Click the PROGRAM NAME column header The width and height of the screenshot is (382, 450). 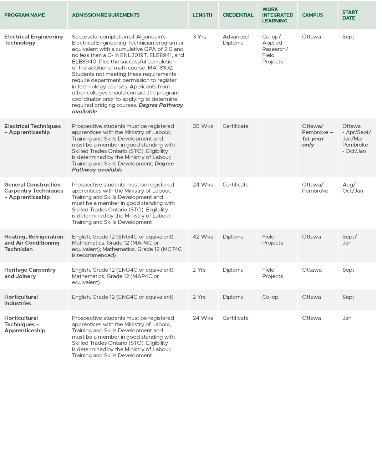25,15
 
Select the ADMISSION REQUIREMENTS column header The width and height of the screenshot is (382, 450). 106,15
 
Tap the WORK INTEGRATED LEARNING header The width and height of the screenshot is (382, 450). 277,15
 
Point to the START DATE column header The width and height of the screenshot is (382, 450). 350,15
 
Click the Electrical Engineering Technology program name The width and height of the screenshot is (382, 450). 33,40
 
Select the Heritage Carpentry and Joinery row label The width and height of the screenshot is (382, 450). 30,273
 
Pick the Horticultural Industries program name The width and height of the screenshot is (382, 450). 21,300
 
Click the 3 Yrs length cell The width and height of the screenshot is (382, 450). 199,37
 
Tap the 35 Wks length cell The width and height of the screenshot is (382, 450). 203,126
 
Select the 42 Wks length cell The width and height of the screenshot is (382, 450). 203,237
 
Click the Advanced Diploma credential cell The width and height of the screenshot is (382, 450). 235,40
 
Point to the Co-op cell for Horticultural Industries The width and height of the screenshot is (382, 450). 270,297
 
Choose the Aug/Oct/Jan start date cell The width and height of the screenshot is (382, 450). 352,188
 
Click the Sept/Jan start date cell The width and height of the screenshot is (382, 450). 349,240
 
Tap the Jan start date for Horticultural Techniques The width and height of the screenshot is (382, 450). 347,318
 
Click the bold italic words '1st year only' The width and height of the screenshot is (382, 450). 312,142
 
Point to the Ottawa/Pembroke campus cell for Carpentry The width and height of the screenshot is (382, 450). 315,188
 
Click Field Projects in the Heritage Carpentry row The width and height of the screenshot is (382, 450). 272,273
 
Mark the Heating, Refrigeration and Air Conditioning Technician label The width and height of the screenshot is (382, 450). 34,243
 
